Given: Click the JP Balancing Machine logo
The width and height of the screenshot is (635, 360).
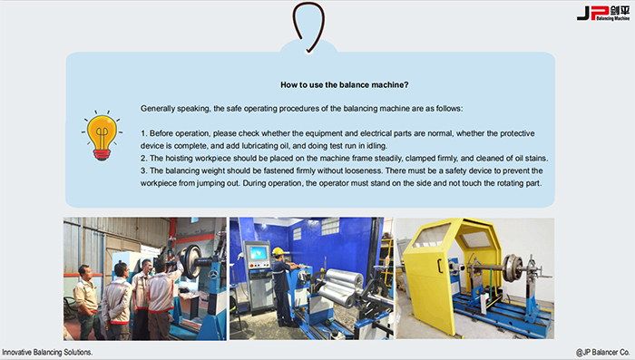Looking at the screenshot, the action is point(603,13).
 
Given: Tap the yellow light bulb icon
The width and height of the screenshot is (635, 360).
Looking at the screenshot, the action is point(102,136).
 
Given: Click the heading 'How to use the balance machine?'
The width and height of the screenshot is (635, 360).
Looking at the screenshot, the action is point(344,84).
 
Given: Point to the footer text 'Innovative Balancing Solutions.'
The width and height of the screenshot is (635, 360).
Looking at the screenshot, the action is point(47,353).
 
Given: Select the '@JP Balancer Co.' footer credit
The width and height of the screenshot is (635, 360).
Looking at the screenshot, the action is point(602,353).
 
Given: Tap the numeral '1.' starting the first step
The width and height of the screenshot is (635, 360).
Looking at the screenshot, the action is point(143,133).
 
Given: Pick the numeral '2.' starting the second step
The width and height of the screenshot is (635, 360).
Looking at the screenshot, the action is point(143,158).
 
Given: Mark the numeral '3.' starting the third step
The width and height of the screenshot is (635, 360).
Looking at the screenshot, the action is point(143,170).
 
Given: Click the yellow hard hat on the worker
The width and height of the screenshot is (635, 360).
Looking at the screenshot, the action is point(278,252).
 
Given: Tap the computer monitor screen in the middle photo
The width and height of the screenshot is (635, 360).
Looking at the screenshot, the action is point(258,254).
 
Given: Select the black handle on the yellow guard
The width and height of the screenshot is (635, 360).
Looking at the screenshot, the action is point(439,266).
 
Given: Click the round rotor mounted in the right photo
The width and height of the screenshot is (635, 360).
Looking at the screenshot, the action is point(513,268).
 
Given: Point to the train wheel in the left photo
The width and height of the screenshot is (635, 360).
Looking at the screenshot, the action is point(190,261).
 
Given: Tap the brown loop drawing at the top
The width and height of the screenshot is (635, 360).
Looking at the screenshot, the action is point(308,26).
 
